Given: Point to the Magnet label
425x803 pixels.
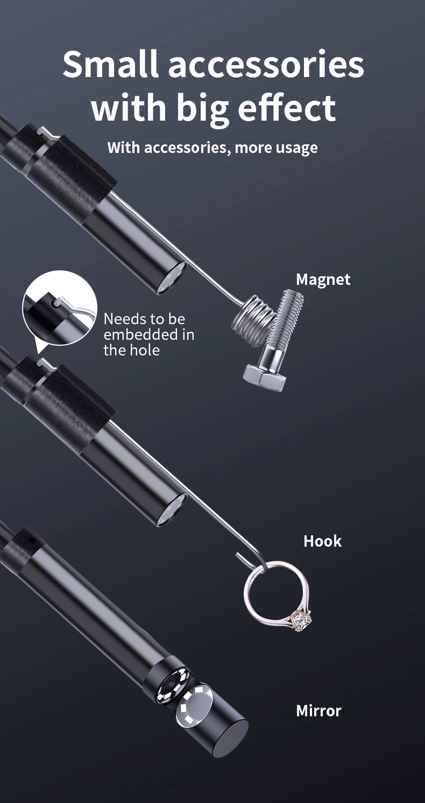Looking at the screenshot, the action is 323,280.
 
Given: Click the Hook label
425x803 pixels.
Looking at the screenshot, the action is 323,541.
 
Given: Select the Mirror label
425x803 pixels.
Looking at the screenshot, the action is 318,710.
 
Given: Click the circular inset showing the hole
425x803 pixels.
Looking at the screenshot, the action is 60,308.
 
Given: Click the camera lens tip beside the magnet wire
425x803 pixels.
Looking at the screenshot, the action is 172,278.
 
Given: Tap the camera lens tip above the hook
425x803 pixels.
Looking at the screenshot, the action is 172,510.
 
